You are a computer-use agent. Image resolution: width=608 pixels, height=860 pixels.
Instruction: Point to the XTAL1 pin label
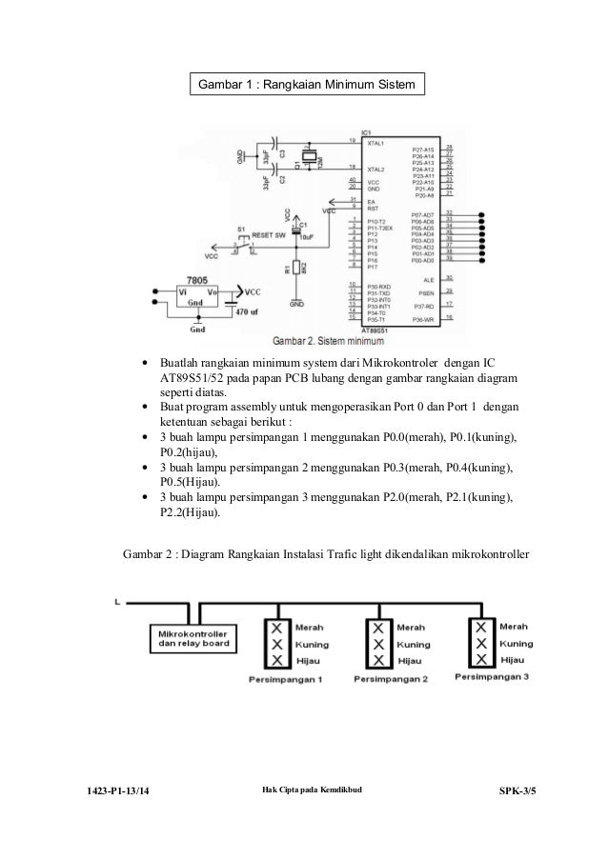point(378,141)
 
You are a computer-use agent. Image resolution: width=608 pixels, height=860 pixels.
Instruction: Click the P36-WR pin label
point(422,320)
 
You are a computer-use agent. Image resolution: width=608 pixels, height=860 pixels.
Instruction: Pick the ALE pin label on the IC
point(428,279)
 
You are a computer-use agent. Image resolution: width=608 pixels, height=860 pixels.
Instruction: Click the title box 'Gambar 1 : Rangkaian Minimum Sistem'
point(306,86)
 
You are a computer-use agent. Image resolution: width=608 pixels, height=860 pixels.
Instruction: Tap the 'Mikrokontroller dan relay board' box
point(195,637)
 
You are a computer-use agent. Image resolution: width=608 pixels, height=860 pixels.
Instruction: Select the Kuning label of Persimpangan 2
point(413,645)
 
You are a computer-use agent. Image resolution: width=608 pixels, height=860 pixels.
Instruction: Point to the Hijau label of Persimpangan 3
point(512,659)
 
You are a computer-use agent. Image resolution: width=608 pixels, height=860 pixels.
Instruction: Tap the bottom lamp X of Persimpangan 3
point(482,658)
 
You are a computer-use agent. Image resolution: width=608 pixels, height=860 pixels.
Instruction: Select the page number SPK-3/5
point(517,792)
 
